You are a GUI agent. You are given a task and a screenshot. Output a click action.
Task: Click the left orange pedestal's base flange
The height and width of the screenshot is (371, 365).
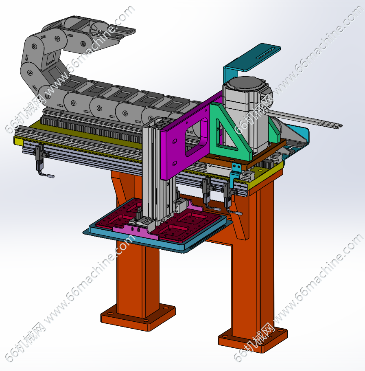[138, 318]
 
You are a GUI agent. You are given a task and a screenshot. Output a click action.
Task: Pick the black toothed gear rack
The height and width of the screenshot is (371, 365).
[92, 129]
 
